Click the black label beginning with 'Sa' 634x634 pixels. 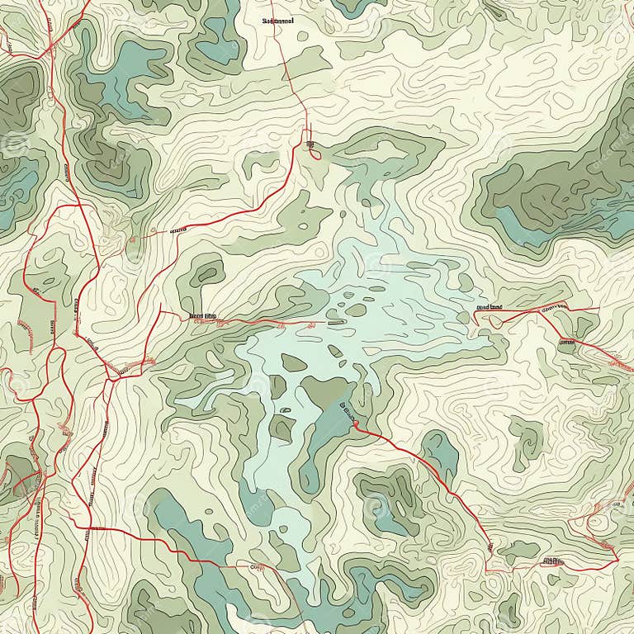(278, 21)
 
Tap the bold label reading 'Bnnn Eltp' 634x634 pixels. (202, 315)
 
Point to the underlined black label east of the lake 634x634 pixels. (489, 307)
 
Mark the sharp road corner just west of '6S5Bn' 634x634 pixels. (487, 570)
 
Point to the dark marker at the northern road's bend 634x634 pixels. (311, 146)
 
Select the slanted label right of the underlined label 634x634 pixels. (553, 307)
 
